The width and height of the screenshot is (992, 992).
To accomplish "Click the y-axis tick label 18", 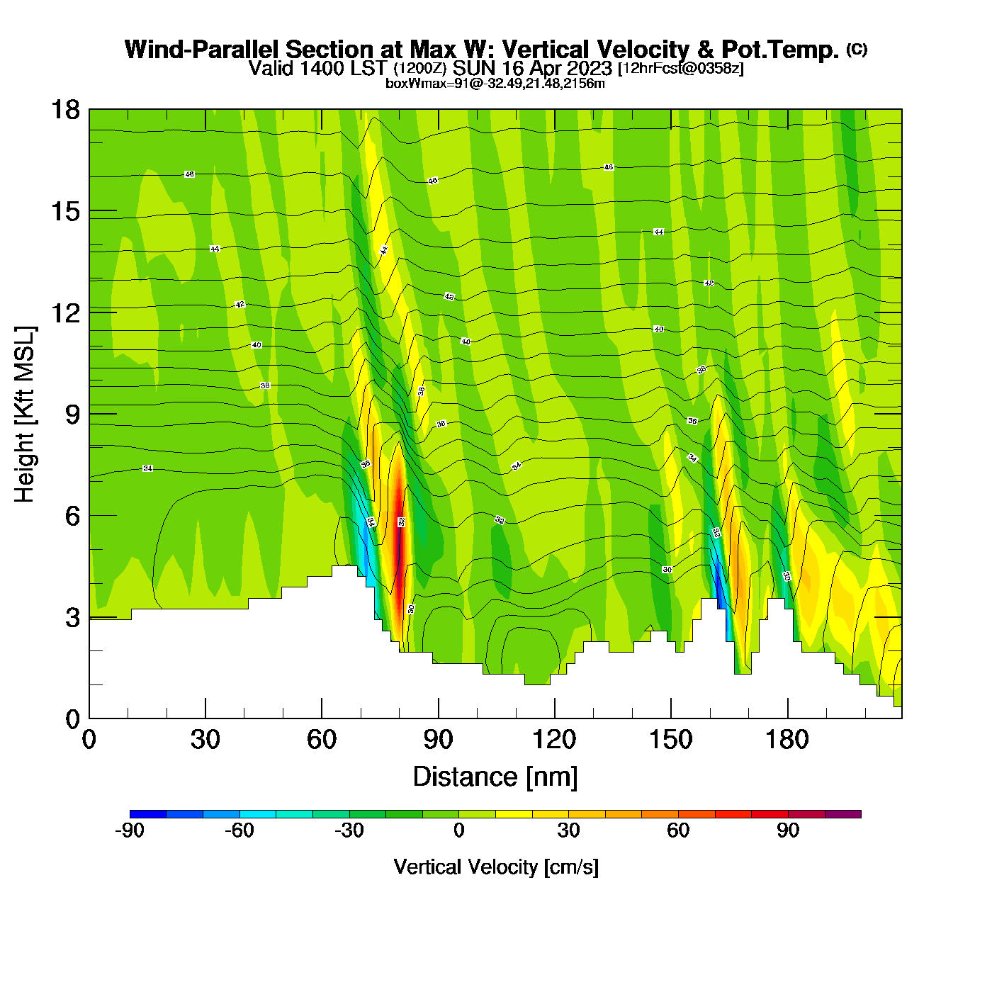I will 64,110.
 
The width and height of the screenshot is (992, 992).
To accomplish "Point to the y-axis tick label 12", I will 64,312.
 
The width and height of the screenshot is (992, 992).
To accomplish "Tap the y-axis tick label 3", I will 73,618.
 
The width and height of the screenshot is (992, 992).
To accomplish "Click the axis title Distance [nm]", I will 495,777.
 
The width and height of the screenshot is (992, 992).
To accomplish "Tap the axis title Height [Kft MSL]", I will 25,415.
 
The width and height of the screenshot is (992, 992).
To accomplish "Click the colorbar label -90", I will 130,831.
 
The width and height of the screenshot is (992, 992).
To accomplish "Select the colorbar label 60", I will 678,831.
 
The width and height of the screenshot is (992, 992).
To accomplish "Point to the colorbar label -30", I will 349,831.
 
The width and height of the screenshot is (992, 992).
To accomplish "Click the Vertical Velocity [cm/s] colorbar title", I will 496,867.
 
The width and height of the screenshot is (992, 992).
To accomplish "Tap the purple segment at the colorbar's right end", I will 843,814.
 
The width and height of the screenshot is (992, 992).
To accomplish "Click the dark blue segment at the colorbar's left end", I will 148,814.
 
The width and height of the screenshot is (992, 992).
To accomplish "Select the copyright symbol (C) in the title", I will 857,49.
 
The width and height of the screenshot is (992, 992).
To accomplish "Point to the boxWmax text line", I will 495,84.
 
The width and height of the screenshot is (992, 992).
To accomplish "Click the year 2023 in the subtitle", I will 588,68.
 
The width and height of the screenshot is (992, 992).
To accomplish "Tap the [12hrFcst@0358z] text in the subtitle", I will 681,69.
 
